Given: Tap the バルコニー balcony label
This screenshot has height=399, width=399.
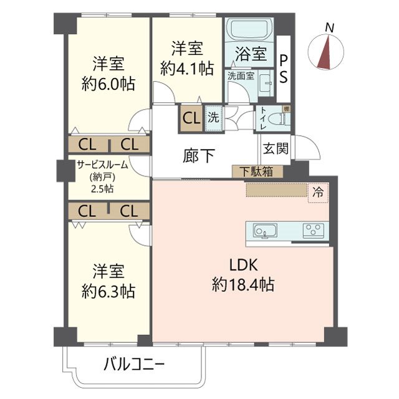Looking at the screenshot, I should (x=134, y=365).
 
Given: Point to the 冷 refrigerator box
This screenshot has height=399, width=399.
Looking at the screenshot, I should (x=318, y=193).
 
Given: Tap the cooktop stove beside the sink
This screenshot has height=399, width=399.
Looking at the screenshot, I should (x=313, y=230).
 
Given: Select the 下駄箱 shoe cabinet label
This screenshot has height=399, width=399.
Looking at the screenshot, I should (x=257, y=172).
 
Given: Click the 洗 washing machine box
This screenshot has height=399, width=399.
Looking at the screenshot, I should (x=213, y=117).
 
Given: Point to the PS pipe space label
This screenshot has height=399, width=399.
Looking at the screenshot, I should (x=284, y=69).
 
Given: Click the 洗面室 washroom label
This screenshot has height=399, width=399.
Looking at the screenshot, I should (x=240, y=76).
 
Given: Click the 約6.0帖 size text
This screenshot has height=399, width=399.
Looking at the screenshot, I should (x=108, y=84).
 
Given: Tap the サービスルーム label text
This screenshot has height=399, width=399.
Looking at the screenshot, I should (x=102, y=165).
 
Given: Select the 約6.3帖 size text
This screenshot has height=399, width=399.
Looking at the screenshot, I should (x=108, y=291).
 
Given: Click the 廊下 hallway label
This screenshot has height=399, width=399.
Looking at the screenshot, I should (x=199, y=156).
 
